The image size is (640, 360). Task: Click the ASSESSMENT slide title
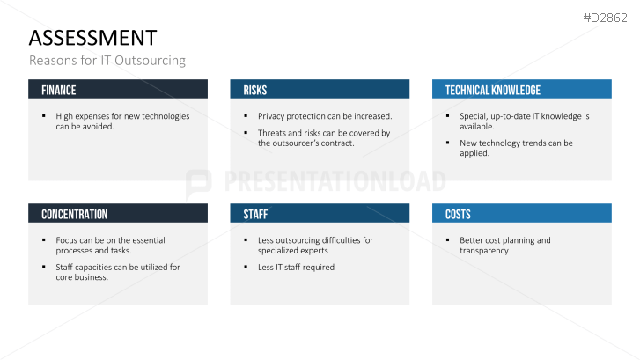(92, 38)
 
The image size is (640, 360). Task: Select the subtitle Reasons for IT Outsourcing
(107, 61)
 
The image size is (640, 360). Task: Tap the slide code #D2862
(606, 18)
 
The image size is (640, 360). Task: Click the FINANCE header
(59, 90)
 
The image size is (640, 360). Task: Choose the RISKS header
(255, 90)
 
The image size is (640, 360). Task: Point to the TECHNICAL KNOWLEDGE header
(493, 90)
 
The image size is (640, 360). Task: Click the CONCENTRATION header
(75, 214)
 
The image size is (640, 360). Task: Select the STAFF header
(255, 214)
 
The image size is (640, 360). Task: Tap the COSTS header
(458, 214)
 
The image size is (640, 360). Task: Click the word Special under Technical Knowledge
(473, 116)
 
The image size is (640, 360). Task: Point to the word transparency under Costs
(484, 251)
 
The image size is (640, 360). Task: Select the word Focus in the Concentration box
(67, 240)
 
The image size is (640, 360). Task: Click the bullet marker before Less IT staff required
(246, 267)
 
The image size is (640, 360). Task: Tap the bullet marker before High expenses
(44, 116)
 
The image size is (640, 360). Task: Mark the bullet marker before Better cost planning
(448, 240)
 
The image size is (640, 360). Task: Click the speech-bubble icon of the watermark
(199, 183)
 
